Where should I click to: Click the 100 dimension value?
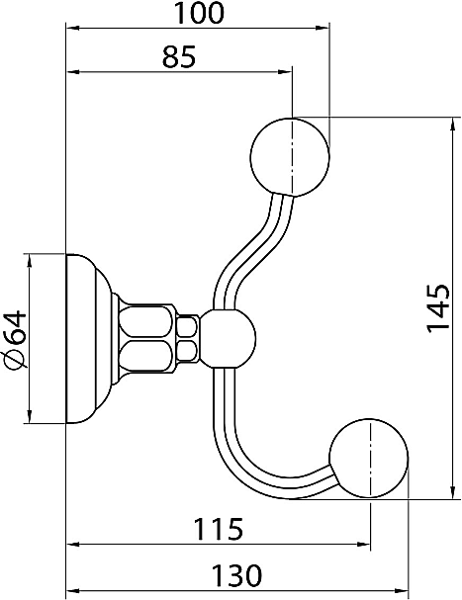pyautogui.click(x=198, y=13)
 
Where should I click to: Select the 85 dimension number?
pyautogui.click(x=179, y=56)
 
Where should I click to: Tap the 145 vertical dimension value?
pyautogui.click(x=437, y=308)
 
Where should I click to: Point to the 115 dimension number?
pyautogui.click(x=219, y=529)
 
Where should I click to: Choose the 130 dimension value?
pyautogui.click(x=236, y=575)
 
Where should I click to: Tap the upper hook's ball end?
pyautogui.click(x=290, y=157)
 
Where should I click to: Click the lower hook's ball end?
pyautogui.click(x=369, y=459)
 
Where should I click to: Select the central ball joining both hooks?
pyautogui.click(x=228, y=339)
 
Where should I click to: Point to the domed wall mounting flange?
pyautogui.click(x=89, y=339)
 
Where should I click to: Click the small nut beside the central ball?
pyautogui.click(x=188, y=339)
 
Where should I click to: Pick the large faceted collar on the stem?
pyautogui.click(x=146, y=339)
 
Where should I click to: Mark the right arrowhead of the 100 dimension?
pyautogui.click(x=323, y=28)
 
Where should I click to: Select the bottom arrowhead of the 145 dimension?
pyautogui.click(x=453, y=491)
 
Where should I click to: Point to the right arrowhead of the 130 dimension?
pyautogui.click(x=402, y=590)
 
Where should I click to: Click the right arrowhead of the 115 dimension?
pyautogui.click(x=363, y=544)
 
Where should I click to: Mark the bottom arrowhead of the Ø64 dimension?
pyautogui.click(x=30, y=416)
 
